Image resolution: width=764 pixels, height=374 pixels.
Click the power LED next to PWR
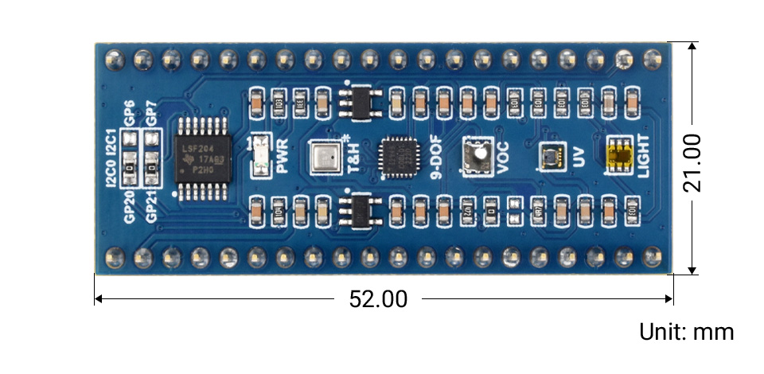pos(258,156)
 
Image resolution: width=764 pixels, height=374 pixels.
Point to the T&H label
pos(348,156)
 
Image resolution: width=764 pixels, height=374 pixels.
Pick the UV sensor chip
pos(548,156)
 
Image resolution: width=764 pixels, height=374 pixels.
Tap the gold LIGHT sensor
pos(620,156)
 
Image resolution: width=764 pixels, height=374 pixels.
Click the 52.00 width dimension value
pos(378,299)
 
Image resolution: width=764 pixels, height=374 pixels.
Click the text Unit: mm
pos(686,332)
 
